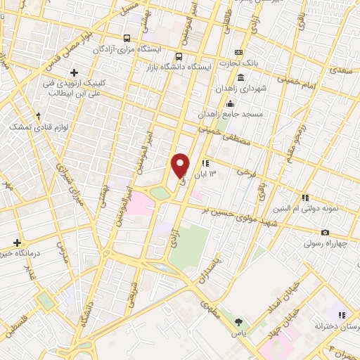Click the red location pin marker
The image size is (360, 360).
click(x=181, y=165)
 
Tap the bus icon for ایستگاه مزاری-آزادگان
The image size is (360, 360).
click(x=126, y=39)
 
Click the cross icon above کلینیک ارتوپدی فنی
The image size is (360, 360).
click(x=75, y=72)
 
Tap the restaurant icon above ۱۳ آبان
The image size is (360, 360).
click(x=205, y=164)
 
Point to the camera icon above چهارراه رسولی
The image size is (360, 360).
click(x=324, y=233)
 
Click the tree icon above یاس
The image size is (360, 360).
click(x=238, y=323)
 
